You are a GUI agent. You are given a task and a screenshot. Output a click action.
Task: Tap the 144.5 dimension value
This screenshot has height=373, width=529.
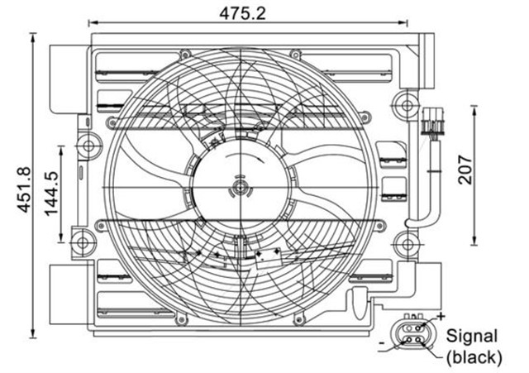click(x=52, y=194)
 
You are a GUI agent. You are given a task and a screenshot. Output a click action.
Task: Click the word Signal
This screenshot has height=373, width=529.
click(x=472, y=336)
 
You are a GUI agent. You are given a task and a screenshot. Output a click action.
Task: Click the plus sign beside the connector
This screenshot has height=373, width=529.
click(x=441, y=316)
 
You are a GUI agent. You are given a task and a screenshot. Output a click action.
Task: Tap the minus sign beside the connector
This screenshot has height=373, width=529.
click(x=381, y=340)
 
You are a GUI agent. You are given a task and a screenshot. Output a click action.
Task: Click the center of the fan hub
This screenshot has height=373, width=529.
click(x=240, y=188)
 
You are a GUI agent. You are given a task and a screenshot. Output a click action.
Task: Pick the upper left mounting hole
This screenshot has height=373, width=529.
click(x=85, y=146)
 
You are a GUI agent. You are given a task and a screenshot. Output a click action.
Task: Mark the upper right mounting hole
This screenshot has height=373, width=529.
click(x=403, y=105)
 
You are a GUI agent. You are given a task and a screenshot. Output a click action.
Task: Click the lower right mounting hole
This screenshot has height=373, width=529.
click(x=403, y=243)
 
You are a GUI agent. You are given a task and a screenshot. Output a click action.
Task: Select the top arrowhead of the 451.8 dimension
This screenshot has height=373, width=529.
click(x=33, y=36)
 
